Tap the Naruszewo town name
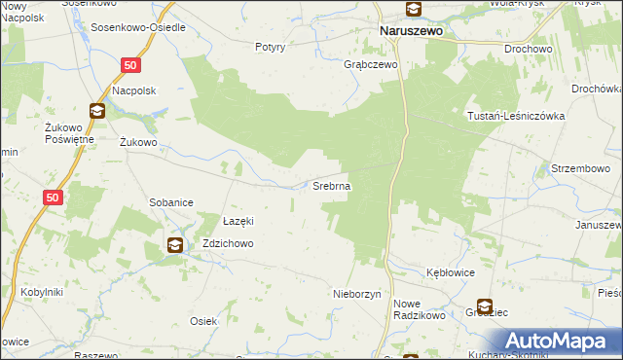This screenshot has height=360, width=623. (x=410, y=30)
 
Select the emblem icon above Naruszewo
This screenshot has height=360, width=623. (x=413, y=10)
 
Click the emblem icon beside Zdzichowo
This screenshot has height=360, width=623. (x=174, y=245)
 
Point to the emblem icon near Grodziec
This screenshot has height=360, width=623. (x=484, y=306)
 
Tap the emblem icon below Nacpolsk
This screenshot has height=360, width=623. (x=97, y=111)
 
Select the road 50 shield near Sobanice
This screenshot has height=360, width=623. (x=53, y=198)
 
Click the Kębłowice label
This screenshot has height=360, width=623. (x=451, y=272)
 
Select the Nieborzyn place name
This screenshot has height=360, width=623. (x=361, y=293)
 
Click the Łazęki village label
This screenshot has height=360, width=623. (x=239, y=220)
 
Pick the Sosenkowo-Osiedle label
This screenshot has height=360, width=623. (x=138, y=27)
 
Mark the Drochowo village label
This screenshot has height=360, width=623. (x=528, y=48)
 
